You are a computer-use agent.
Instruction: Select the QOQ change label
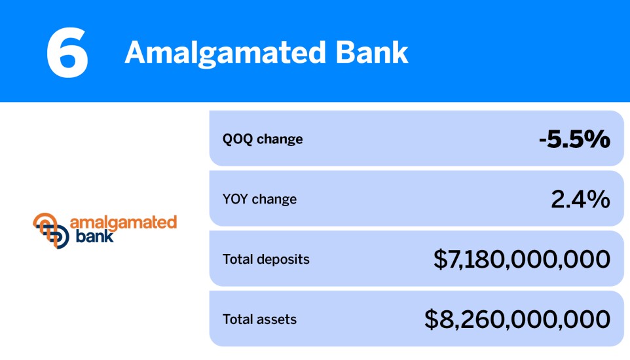click(263, 139)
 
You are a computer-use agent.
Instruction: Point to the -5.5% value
click(574, 139)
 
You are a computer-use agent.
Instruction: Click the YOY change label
click(259, 199)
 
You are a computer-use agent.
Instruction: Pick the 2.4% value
click(580, 199)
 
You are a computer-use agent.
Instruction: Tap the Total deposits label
click(266, 259)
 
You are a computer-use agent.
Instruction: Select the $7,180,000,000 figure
click(521, 259)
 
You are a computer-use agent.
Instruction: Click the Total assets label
click(259, 319)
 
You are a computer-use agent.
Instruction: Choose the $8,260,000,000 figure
click(517, 319)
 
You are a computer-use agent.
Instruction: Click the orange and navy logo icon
click(50, 230)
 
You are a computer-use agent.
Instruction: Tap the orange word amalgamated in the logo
click(123, 222)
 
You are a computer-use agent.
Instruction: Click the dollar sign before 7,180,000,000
click(440, 259)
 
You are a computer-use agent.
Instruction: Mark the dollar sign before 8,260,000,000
click(432, 319)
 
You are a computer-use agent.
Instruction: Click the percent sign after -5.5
click(597, 139)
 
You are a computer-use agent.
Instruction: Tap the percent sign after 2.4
click(597, 199)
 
